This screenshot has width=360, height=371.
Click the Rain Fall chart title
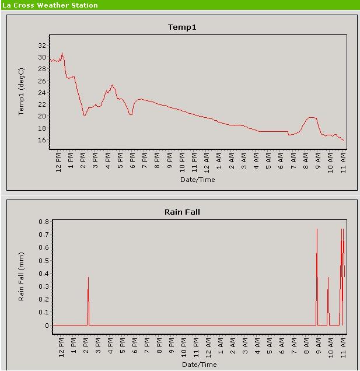182,212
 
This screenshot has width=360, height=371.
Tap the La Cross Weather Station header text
49,5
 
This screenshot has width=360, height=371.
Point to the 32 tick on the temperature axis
42,45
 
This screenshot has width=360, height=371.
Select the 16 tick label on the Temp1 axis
42,140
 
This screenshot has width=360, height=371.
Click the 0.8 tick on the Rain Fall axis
44,222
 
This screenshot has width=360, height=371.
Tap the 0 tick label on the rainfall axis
47,325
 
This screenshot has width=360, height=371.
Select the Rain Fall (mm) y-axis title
21,272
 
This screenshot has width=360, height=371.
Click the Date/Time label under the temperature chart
198,179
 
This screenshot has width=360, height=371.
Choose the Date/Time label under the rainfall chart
199,364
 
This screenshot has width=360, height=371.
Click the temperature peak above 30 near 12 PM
62,54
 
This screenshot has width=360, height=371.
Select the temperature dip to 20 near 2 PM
85,115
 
